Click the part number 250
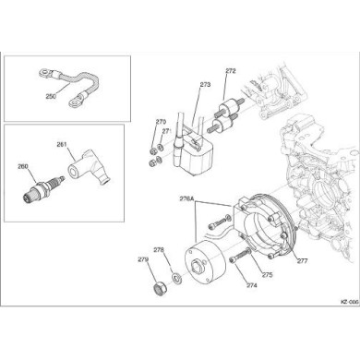tap(50, 95)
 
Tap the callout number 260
tap(22, 168)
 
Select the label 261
tap(62, 144)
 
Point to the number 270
tap(160, 121)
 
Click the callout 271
tap(167, 132)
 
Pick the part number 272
tap(230, 70)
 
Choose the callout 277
tap(302, 260)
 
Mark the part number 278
tap(158, 249)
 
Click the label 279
tap(143, 261)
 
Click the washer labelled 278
tap(175, 277)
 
